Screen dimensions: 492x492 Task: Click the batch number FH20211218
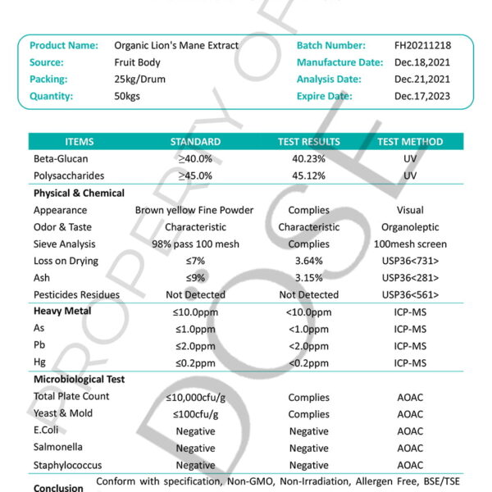[x=422, y=45]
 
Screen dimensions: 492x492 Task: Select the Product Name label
[x=64, y=45]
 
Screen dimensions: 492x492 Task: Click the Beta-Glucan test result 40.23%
[x=308, y=159]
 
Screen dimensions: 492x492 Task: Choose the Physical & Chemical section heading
[x=79, y=194]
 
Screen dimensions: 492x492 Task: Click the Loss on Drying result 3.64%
[x=308, y=261]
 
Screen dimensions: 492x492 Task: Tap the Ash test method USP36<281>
[x=410, y=278]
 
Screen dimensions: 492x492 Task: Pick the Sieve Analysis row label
[x=65, y=244]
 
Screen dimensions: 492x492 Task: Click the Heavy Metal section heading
[x=62, y=312]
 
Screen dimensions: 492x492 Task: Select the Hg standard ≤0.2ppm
[x=195, y=362]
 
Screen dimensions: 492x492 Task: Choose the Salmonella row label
[x=57, y=448]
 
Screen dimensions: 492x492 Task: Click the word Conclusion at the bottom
[x=58, y=488]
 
